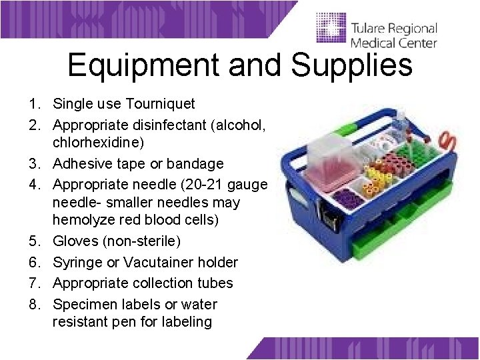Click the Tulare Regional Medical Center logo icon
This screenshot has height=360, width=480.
(331, 30)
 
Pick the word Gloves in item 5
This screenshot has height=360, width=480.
(74, 240)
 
